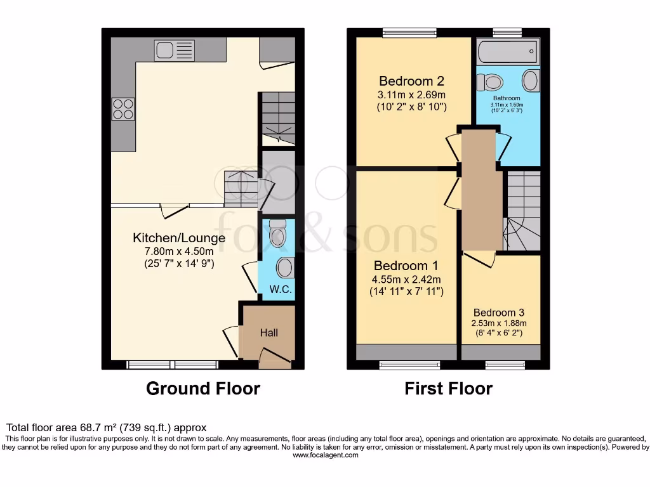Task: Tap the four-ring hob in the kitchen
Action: [x=123, y=109]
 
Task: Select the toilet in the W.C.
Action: [x=277, y=234]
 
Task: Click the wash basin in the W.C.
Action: [x=286, y=268]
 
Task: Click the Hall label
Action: [x=269, y=332]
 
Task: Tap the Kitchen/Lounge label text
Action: [x=179, y=238]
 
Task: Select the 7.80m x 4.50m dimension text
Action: [x=179, y=251]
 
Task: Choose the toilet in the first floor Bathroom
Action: [x=491, y=82]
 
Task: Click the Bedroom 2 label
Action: [x=411, y=81]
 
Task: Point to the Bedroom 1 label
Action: [x=406, y=265]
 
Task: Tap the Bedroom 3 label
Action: [x=499, y=313]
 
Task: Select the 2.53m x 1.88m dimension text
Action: [x=499, y=323]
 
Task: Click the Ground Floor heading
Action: [x=203, y=388]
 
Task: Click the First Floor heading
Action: [x=448, y=388]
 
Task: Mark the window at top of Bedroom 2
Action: [x=409, y=32]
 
